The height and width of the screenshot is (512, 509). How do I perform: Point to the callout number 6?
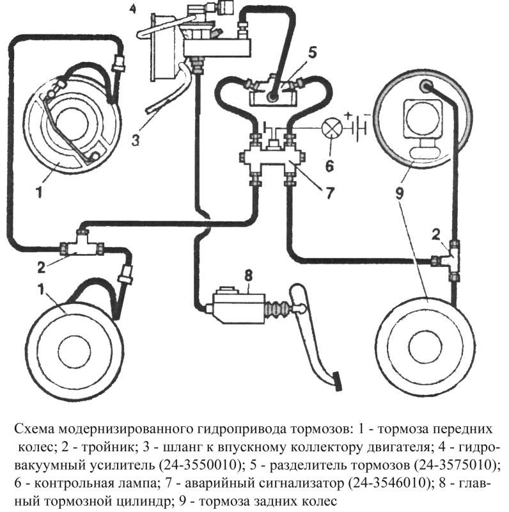coord(330,166)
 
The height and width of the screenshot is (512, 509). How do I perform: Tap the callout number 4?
coord(132,9)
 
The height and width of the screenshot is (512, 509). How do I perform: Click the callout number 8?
coord(247,276)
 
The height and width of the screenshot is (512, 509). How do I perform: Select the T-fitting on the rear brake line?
coord(452,259)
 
